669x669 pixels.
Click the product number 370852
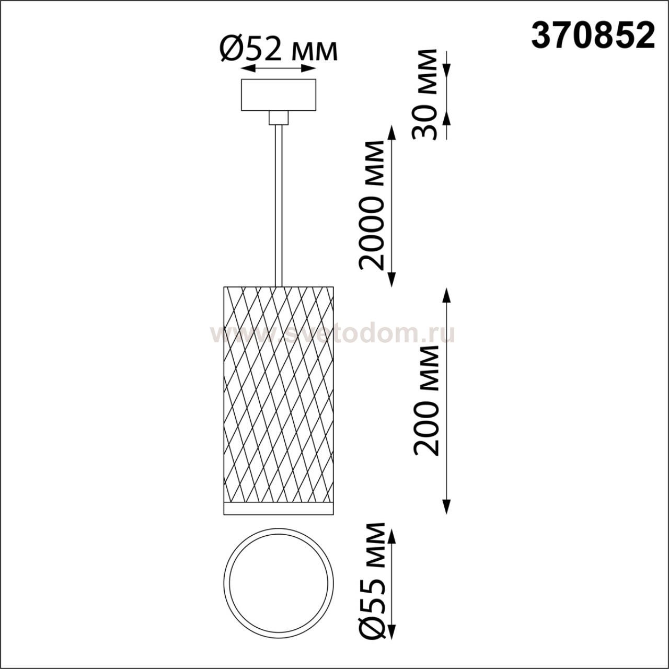click(x=593, y=37)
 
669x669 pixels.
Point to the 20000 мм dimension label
click(x=372, y=205)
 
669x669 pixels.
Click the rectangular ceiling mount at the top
click(x=279, y=95)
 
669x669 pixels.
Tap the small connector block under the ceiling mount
click(x=279, y=118)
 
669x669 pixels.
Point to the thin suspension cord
click(x=278, y=205)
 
